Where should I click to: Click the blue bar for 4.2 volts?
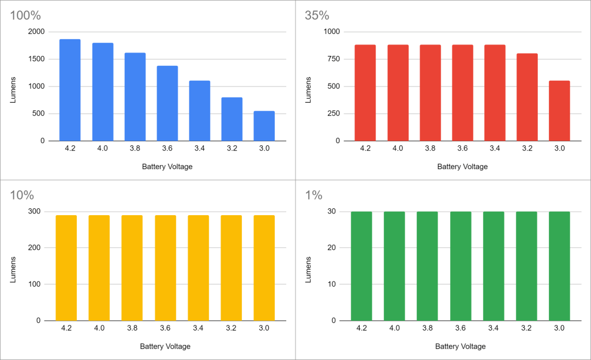coord(70,90)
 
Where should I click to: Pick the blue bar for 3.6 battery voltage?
coord(167,103)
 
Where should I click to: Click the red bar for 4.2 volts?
coord(365,93)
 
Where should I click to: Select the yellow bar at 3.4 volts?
coord(198,268)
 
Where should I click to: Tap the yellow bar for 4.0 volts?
coord(99,268)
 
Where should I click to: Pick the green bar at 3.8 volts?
coord(427,266)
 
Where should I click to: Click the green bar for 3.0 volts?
coord(559,266)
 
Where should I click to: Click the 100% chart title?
coord(25,15)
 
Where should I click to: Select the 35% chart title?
coord(317,15)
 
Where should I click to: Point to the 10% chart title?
coord(23,195)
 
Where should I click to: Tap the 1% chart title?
coord(314,195)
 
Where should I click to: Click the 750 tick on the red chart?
coord(332,59)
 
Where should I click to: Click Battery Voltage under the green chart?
coord(460,347)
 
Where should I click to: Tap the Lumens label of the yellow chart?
coord(13,269)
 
